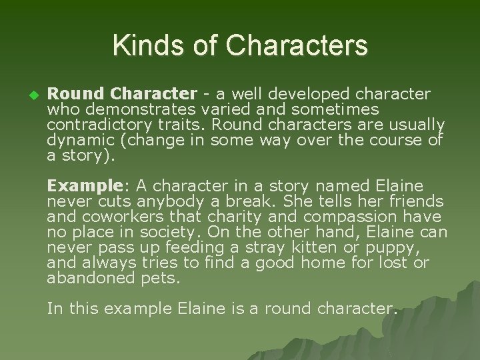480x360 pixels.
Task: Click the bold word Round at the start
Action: pyautogui.click(x=73, y=94)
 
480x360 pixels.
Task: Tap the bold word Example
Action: pyautogui.click(x=74, y=185)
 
